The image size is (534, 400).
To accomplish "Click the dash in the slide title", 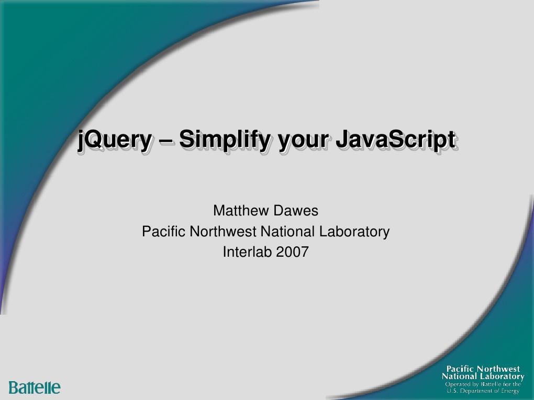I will [x=165, y=140].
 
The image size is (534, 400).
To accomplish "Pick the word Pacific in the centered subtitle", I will [x=164, y=231].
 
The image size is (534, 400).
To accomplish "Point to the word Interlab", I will [x=247, y=252].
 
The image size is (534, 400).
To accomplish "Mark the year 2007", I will [x=293, y=252].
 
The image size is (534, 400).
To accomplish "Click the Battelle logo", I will [x=35, y=387].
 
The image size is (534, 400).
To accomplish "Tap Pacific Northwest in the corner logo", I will [x=483, y=369].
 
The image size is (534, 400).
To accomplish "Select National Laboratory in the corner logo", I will [x=483, y=376].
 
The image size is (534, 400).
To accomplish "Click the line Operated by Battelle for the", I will [x=483, y=384].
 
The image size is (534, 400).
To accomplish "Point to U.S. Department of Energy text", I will [x=483, y=391].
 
